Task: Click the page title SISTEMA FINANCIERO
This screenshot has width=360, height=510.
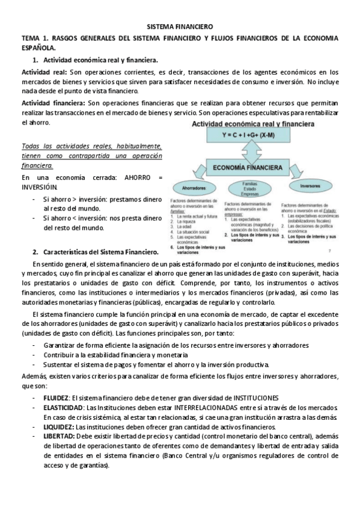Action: (180, 27)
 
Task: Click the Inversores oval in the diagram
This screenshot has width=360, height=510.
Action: (309, 186)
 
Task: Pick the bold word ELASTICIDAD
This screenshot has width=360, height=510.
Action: (62, 408)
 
